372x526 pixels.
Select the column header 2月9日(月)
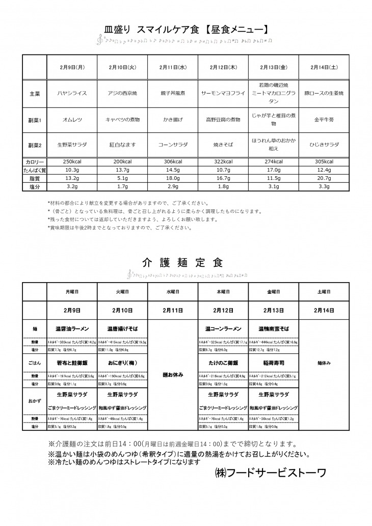(72, 67)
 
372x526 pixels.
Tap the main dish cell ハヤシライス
(72, 94)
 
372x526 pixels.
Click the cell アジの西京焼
(122, 94)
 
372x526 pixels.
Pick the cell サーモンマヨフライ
(223, 94)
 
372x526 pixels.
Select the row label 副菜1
(35, 120)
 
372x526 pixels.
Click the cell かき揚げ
(172, 120)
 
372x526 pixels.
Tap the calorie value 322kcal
(223, 161)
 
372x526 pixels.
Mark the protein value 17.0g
(273, 170)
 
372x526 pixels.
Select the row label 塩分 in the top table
(35, 187)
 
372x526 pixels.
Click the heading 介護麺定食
(182, 263)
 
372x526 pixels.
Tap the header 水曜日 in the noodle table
(172, 292)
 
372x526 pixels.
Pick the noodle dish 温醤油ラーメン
(72, 329)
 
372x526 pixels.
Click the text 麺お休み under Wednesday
(172, 375)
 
